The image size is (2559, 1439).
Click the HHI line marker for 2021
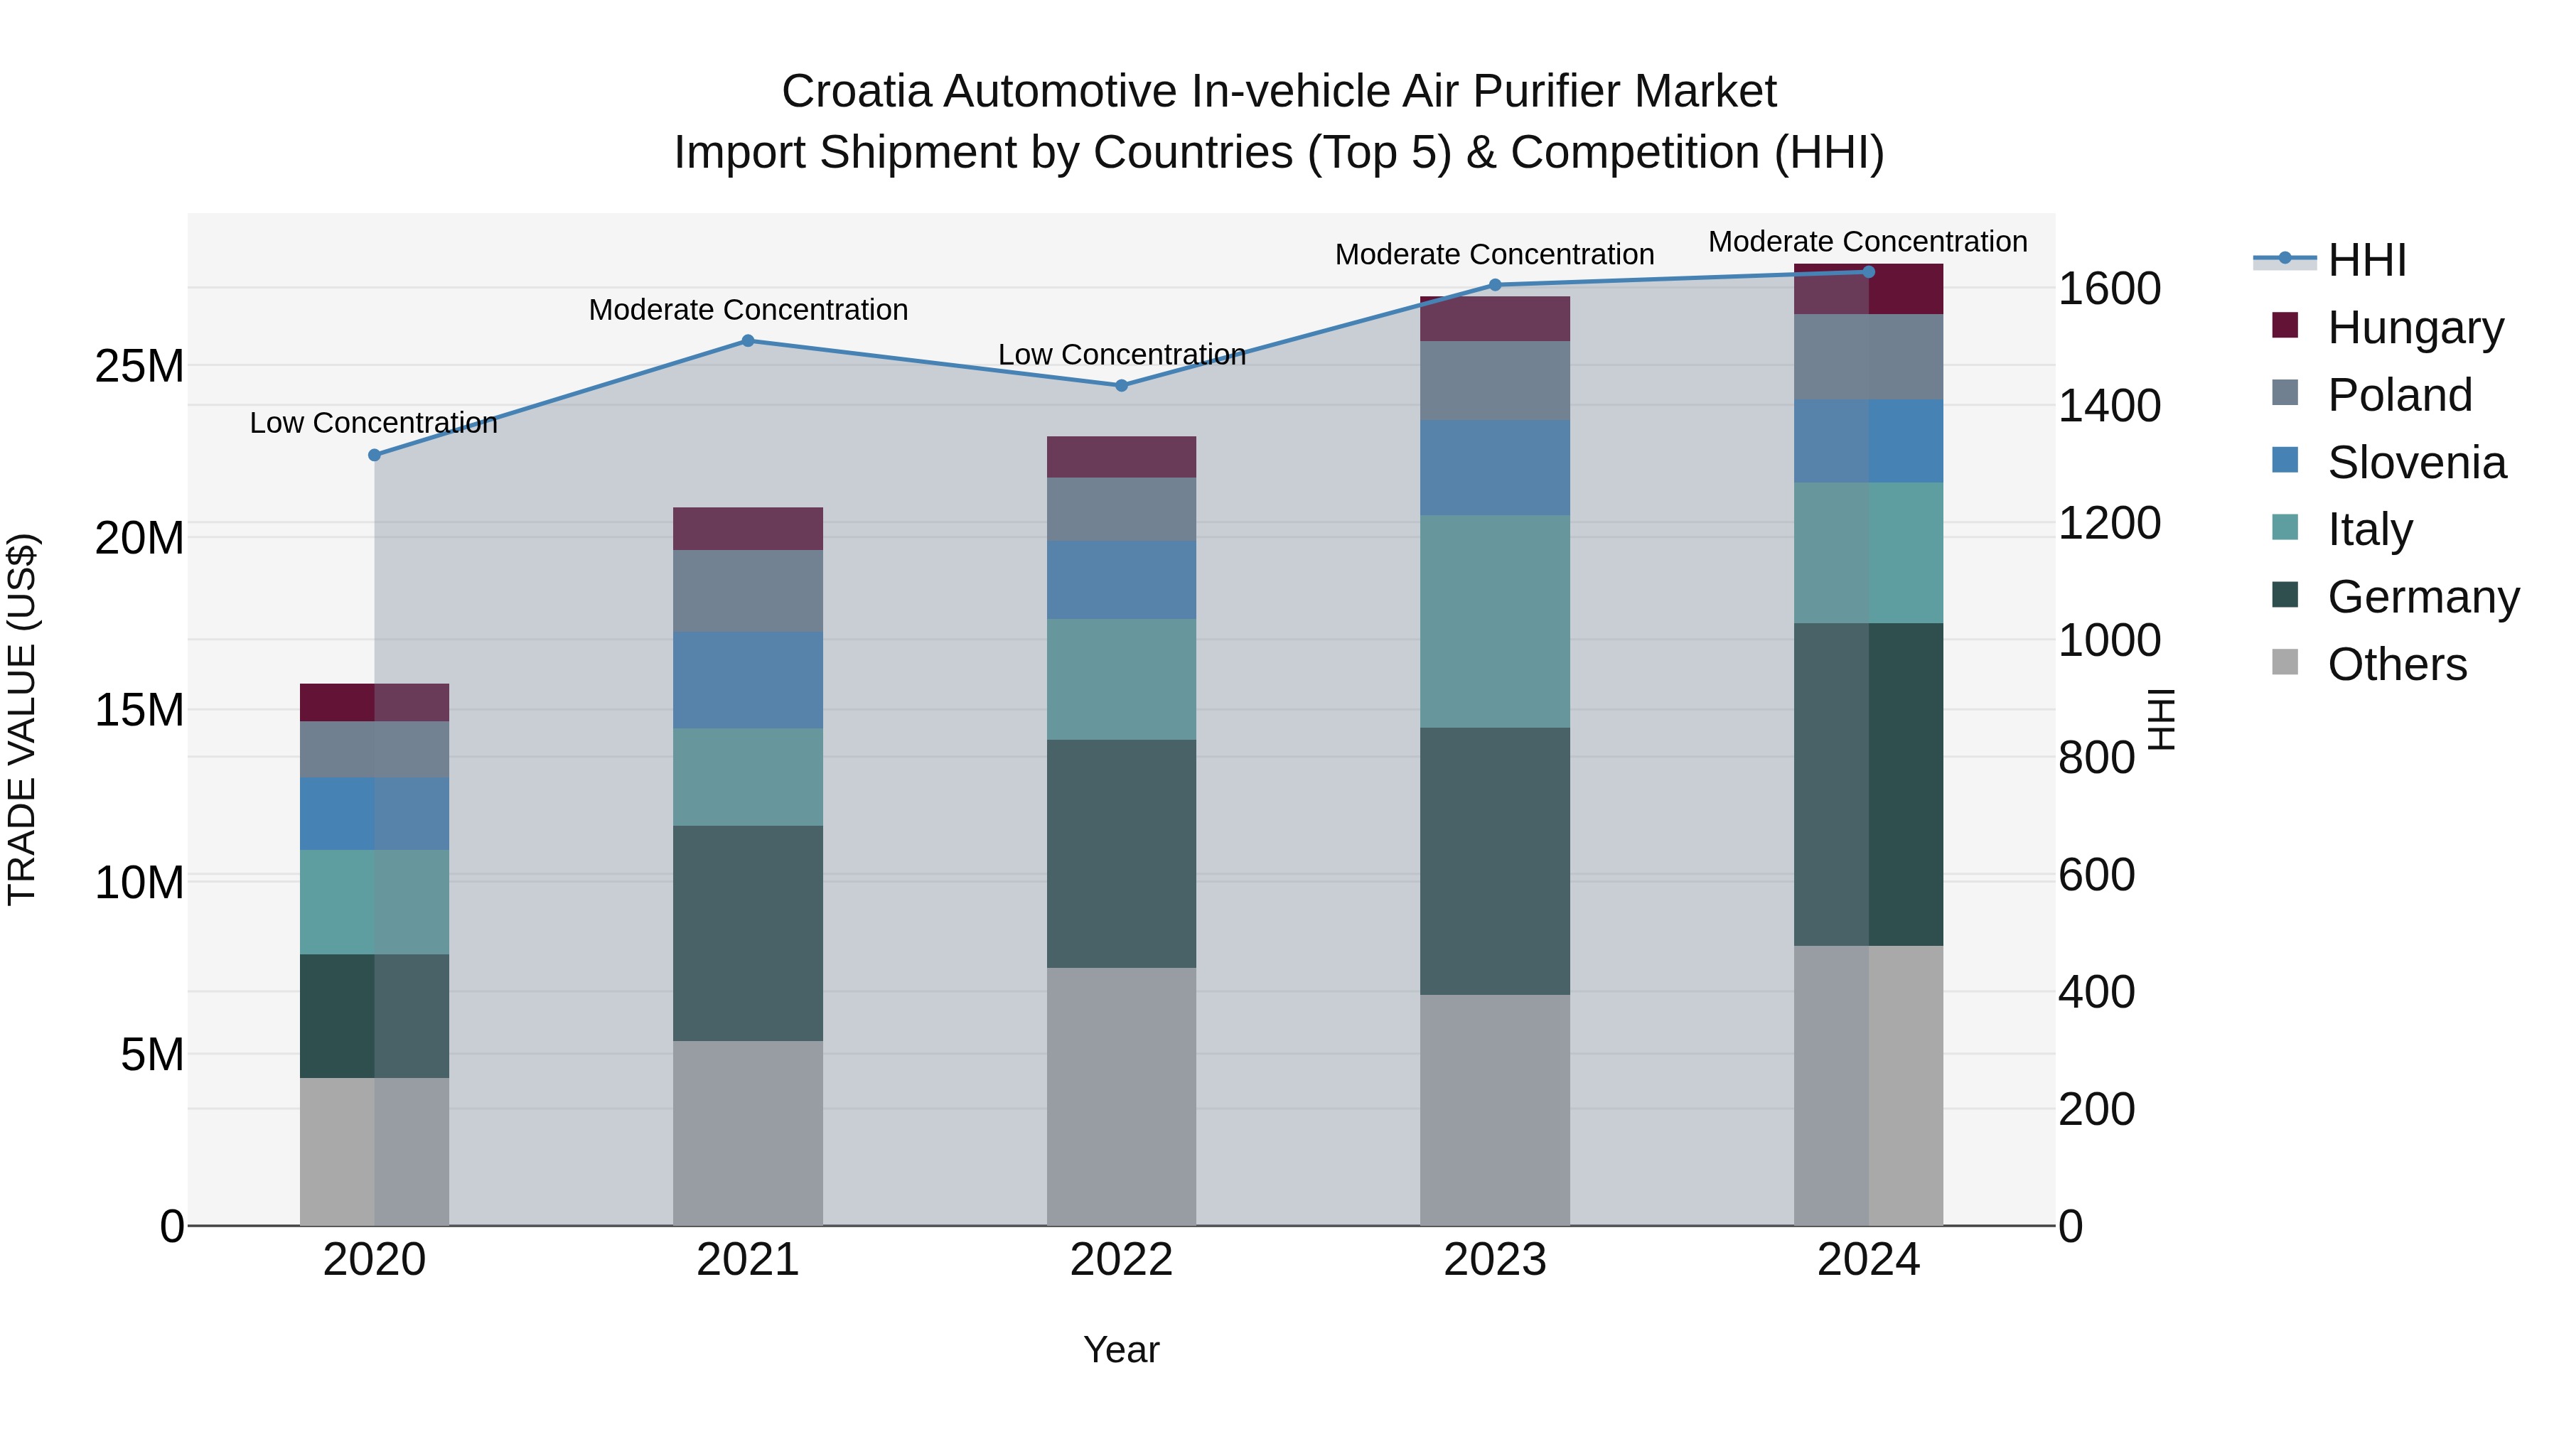[748, 340]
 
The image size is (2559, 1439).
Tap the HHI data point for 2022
[1122, 385]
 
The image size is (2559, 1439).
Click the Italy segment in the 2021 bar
[748, 777]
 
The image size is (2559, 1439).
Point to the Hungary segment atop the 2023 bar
[1494, 319]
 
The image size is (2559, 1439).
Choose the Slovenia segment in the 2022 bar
[1122, 580]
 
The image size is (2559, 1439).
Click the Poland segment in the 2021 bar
[748, 591]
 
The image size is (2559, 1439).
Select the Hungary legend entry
[2414, 327]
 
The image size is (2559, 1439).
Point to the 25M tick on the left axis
[139, 367]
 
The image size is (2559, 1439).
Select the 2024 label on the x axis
[1867, 1260]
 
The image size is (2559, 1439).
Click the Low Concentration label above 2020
[373, 422]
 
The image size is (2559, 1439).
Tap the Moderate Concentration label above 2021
[748, 310]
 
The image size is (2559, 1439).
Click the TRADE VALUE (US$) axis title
[22, 719]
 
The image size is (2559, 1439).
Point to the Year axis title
[1122, 1349]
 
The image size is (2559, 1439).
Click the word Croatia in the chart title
[857, 92]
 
